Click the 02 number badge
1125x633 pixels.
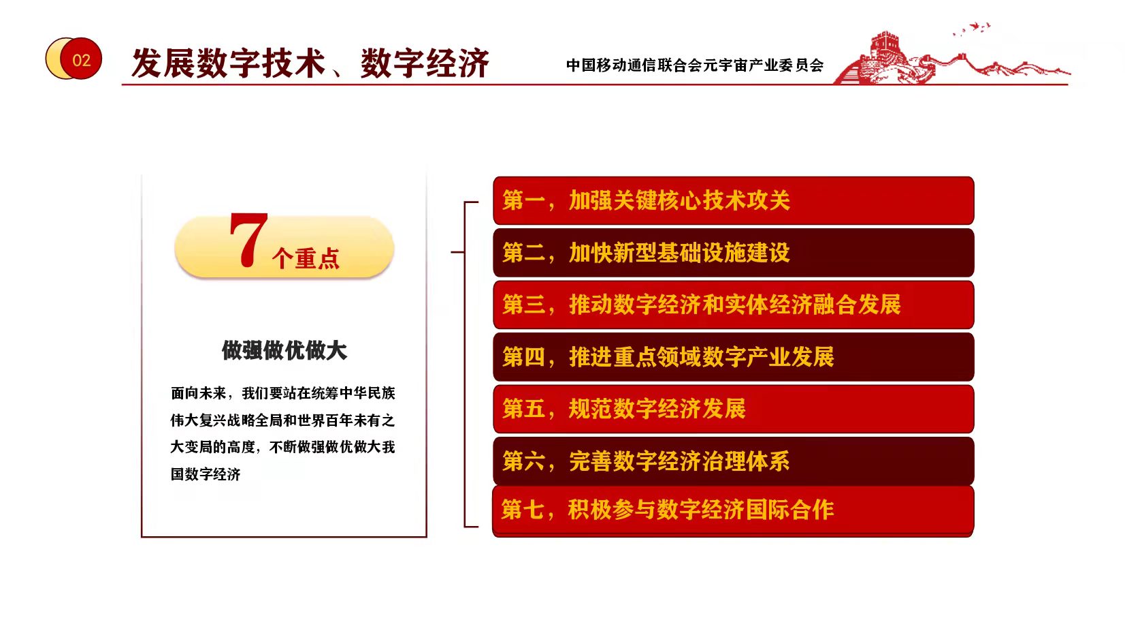[x=74, y=59]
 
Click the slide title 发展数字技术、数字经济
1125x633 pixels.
[x=310, y=63]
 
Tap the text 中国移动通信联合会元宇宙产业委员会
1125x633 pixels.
[x=695, y=65]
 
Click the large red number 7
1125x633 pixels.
[x=248, y=239]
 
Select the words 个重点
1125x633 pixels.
[x=306, y=258]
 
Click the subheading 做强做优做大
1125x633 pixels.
[x=284, y=350]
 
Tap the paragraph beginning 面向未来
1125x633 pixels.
[x=282, y=433]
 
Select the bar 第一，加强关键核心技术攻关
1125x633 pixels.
[x=733, y=200]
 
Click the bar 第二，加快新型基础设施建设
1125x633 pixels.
[x=733, y=252]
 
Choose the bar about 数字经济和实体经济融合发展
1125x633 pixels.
[x=733, y=305]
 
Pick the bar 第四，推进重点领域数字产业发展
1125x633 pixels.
[x=733, y=357]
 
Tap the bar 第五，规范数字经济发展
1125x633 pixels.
[x=733, y=409]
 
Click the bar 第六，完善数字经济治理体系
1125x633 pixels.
[x=733, y=461]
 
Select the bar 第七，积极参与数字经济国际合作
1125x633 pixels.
[x=733, y=510]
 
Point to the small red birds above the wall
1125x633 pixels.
[x=973, y=29]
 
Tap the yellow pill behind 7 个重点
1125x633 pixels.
[x=284, y=247]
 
